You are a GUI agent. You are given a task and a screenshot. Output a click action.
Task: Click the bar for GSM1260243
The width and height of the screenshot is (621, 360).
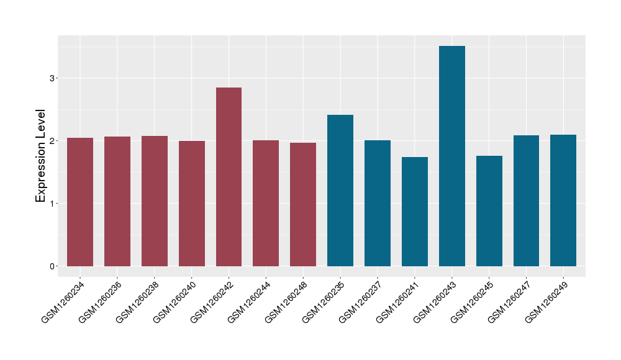(x=451, y=156)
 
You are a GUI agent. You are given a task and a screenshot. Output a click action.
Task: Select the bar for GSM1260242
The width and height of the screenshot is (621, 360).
(x=229, y=177)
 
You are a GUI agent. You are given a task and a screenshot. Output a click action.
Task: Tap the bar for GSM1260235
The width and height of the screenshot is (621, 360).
(x=340, y=191)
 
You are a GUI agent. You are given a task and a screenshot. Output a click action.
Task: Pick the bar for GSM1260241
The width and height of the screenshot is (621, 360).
(x=415, y=212)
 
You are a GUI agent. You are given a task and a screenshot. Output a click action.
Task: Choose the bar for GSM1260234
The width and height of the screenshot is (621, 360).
(x=80, y=202)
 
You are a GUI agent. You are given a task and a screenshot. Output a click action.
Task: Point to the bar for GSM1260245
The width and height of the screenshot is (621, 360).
(x=489, y=211)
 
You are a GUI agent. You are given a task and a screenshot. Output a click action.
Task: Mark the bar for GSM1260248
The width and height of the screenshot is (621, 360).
(x=303, y=204)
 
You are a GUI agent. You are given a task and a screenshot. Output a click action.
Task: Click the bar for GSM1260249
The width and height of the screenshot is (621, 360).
(x=563, y=200)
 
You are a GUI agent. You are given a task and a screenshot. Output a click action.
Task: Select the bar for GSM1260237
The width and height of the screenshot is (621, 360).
(x=378, y=203)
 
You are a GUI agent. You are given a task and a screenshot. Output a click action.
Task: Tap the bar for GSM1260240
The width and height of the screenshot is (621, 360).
(x=192, y=204)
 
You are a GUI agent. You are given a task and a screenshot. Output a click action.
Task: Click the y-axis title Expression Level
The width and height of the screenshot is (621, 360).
(x=41, y=156)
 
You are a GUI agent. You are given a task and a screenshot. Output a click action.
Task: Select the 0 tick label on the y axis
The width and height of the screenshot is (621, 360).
(x=52, y=266)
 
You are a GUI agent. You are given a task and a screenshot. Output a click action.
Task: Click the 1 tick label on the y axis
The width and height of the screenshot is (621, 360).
(x=52, y=204)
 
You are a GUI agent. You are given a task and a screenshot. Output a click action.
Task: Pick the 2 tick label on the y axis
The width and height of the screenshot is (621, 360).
(x=52, y=141)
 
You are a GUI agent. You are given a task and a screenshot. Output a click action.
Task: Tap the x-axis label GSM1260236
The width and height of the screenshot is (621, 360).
(x=101, y=302)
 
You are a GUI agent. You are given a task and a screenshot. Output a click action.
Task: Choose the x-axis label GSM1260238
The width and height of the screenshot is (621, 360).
(x=138, y=302)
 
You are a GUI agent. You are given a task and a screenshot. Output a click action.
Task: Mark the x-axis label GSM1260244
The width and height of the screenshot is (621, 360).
(x=249, y=302)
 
